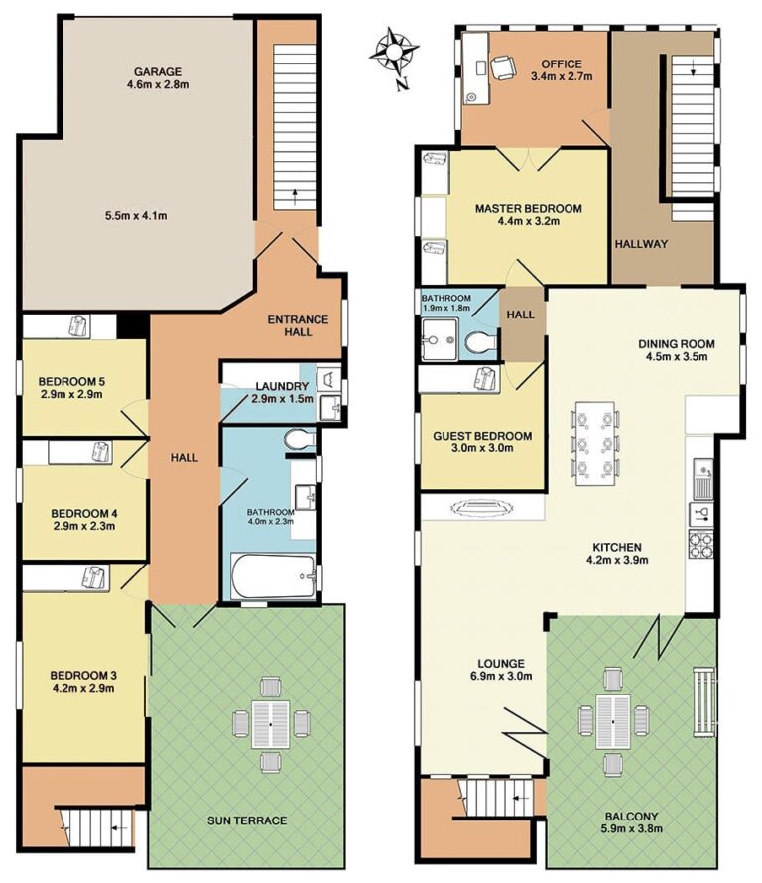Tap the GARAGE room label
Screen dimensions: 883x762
click(159, 71)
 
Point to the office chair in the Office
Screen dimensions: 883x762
click(504, 66)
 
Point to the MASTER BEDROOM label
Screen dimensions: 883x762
click(528, 209)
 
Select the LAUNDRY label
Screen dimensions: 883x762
click(283, 386)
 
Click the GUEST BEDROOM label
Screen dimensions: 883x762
click(482, 436)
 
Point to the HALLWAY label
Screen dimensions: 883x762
click(641, 244)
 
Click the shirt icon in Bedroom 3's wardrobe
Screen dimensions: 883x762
click(94, 576)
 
